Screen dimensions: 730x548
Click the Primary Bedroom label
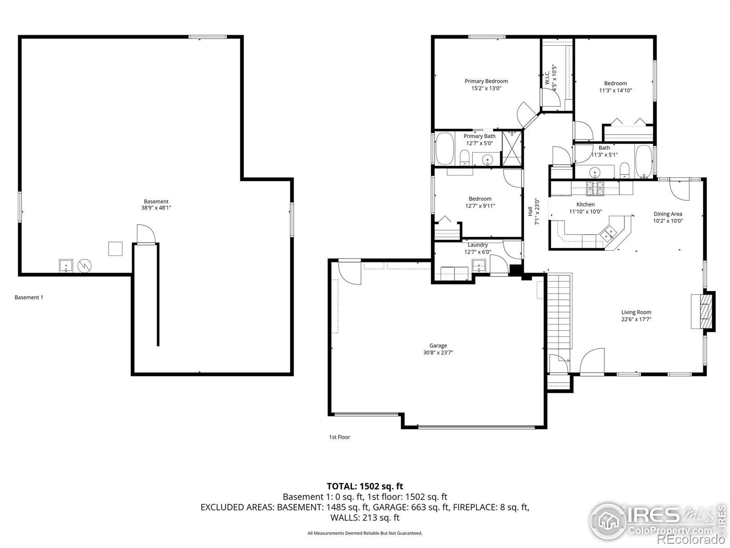(x=486, y=81)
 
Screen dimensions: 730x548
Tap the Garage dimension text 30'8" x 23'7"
(x=438, y=353)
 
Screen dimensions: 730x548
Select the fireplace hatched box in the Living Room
(x=706, y=311)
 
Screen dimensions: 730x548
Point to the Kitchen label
(x=585, y=204)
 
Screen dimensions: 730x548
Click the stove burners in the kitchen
(x=594, y=188)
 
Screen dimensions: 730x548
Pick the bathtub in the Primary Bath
(x=445, y=148)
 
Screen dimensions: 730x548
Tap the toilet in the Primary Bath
(x=464, y=158)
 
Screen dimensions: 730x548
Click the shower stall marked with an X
(x=512, y=148)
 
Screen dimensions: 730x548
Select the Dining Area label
(x=668, y=214)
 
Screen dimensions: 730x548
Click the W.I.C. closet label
(x=547, y=77)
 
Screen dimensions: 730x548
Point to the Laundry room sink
(x=479, y=266)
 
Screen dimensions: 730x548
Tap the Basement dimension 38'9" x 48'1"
(x=156, y=208)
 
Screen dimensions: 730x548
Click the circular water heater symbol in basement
(x=84, y=265)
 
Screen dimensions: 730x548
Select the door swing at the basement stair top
(x=146, y=234)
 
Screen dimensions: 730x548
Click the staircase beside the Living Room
(x=560, y=311)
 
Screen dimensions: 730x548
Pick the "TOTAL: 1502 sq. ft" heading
(x=365, y=486)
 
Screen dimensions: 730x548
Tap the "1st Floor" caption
(x=339, y=437)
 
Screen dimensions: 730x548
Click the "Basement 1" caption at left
(x=29, y=297)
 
